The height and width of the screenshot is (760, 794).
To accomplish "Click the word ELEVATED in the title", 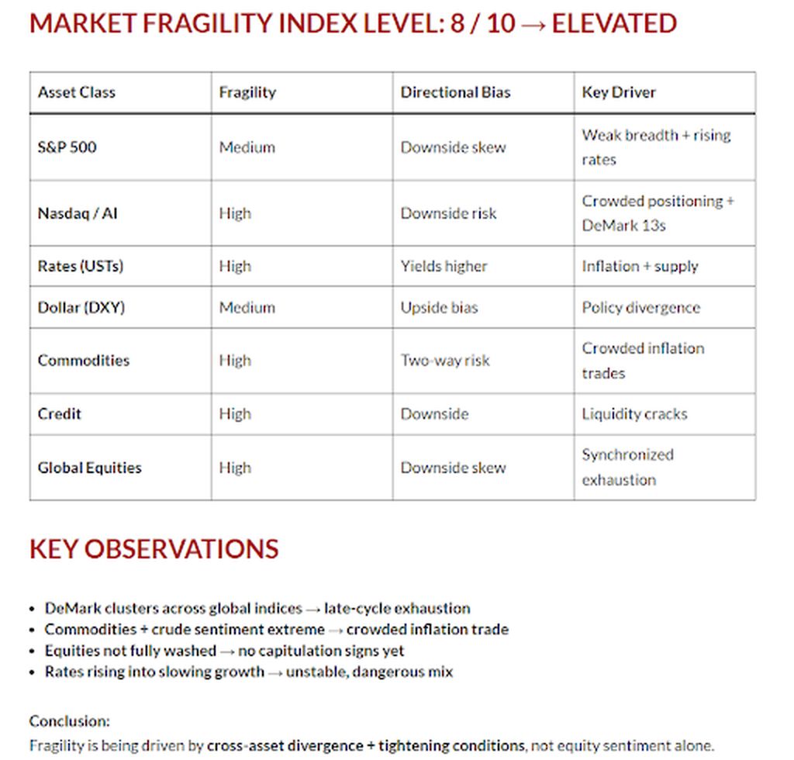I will point(614,23).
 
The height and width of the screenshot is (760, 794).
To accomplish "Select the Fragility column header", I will point(247,92).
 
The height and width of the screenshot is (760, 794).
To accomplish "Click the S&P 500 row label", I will point(67,147).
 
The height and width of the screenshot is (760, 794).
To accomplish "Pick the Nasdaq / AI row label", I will point(78,213).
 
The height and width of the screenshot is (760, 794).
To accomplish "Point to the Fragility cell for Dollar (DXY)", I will point(247,307).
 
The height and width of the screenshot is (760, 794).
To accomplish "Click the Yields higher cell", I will point(444,266).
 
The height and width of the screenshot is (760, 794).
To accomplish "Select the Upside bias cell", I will point(439,307).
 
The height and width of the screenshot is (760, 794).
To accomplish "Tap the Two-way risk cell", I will point(445,360).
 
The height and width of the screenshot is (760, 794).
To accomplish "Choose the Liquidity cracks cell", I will point(634,413).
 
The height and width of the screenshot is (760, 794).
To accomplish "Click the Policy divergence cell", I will point(640,307).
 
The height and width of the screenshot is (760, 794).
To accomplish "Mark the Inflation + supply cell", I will point(640,266).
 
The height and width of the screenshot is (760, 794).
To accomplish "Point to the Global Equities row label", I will point(89,468).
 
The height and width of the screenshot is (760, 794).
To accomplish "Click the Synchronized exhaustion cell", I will point(627,467).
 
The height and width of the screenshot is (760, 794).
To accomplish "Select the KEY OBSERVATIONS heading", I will point(154,549).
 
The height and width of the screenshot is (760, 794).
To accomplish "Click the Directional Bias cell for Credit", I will point(434,413).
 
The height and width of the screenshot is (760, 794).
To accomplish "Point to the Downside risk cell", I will point(448,213).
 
